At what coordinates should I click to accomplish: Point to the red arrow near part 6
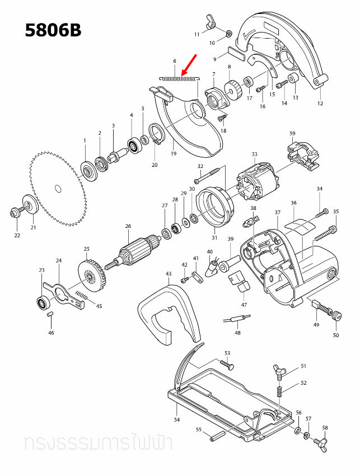[x=189, y=64]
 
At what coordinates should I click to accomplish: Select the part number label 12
[x=320, y=103]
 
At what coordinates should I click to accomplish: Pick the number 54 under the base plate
[x=176, y=419]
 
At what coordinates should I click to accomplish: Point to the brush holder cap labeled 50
[x=336, y=316]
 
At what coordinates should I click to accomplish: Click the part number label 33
[x=254, y=154]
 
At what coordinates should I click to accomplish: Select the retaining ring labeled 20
[x=157, y=136]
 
